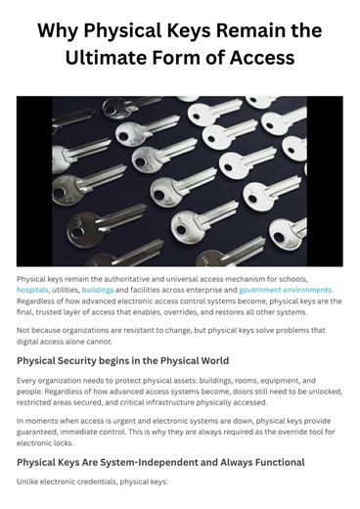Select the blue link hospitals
[32, 290]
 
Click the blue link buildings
[98, 290]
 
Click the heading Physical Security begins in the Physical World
[122, 360]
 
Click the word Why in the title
[59, 29]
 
